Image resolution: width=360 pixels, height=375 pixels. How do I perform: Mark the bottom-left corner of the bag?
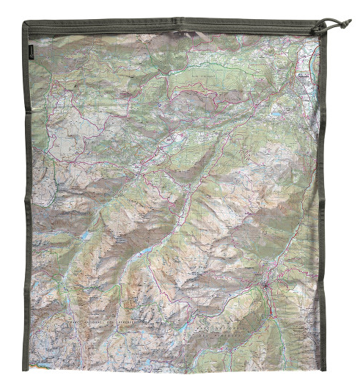27,365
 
